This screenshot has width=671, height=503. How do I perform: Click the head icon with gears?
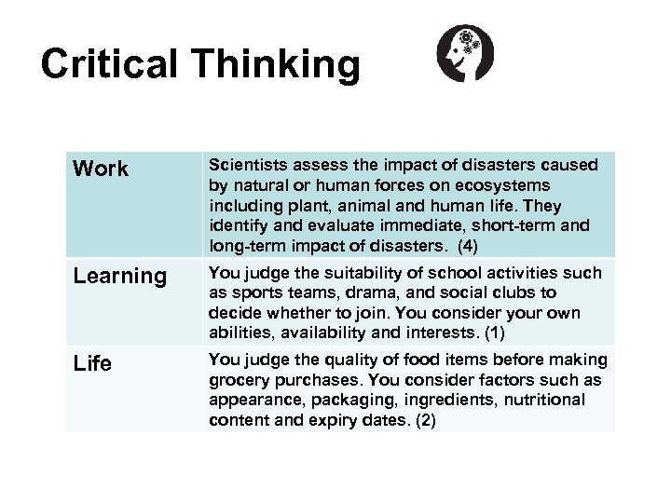point(466,53)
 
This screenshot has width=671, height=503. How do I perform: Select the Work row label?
point(101,170)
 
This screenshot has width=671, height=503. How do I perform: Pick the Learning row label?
point(119,277)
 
